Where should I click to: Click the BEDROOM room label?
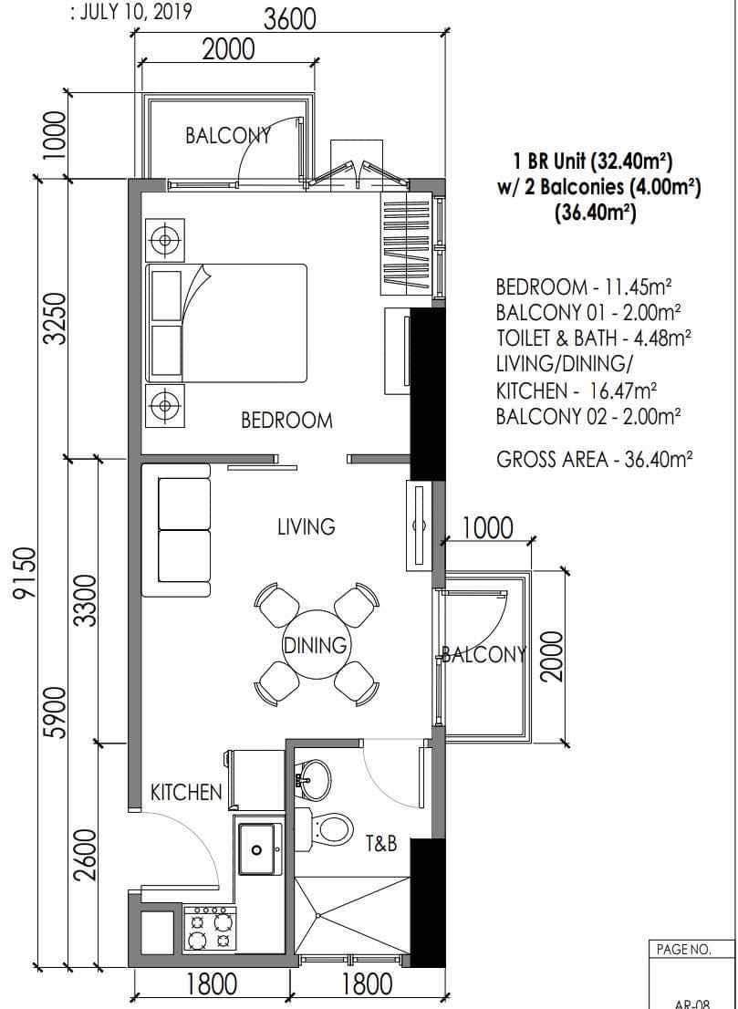287,421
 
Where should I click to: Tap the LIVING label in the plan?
307,526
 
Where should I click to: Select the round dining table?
316,643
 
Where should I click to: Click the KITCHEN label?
186,792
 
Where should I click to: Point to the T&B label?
381,844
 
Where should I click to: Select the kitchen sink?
259,848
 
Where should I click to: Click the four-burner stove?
211,930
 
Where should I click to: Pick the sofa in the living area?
176,530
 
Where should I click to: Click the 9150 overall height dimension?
25,573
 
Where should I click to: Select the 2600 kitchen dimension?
85,856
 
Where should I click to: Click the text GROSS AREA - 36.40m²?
595,460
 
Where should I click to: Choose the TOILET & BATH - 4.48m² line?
594,337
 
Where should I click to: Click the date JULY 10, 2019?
134,13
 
